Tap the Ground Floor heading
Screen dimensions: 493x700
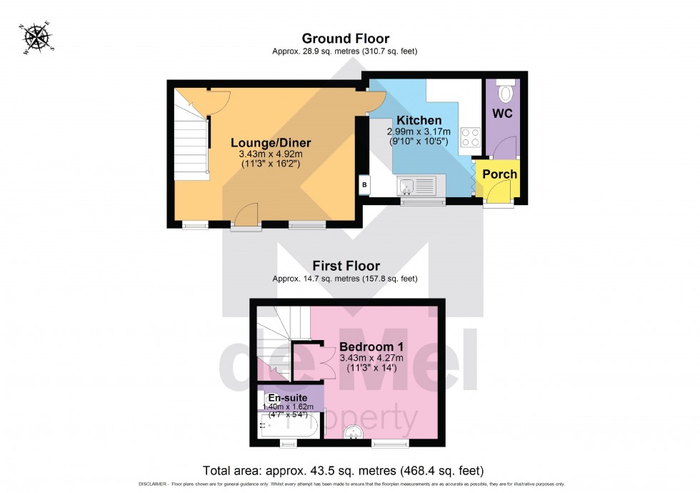(345, 39)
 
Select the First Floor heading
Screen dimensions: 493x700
(345, 266)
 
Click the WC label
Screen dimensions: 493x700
(502, 114)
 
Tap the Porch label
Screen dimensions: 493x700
(500, 174)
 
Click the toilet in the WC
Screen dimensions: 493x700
(506, 92)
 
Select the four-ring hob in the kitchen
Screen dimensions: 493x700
(470, 137)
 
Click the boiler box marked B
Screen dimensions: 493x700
(365, 184)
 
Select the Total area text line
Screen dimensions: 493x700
(344, 471)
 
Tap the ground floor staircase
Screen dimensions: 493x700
(191, 150)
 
